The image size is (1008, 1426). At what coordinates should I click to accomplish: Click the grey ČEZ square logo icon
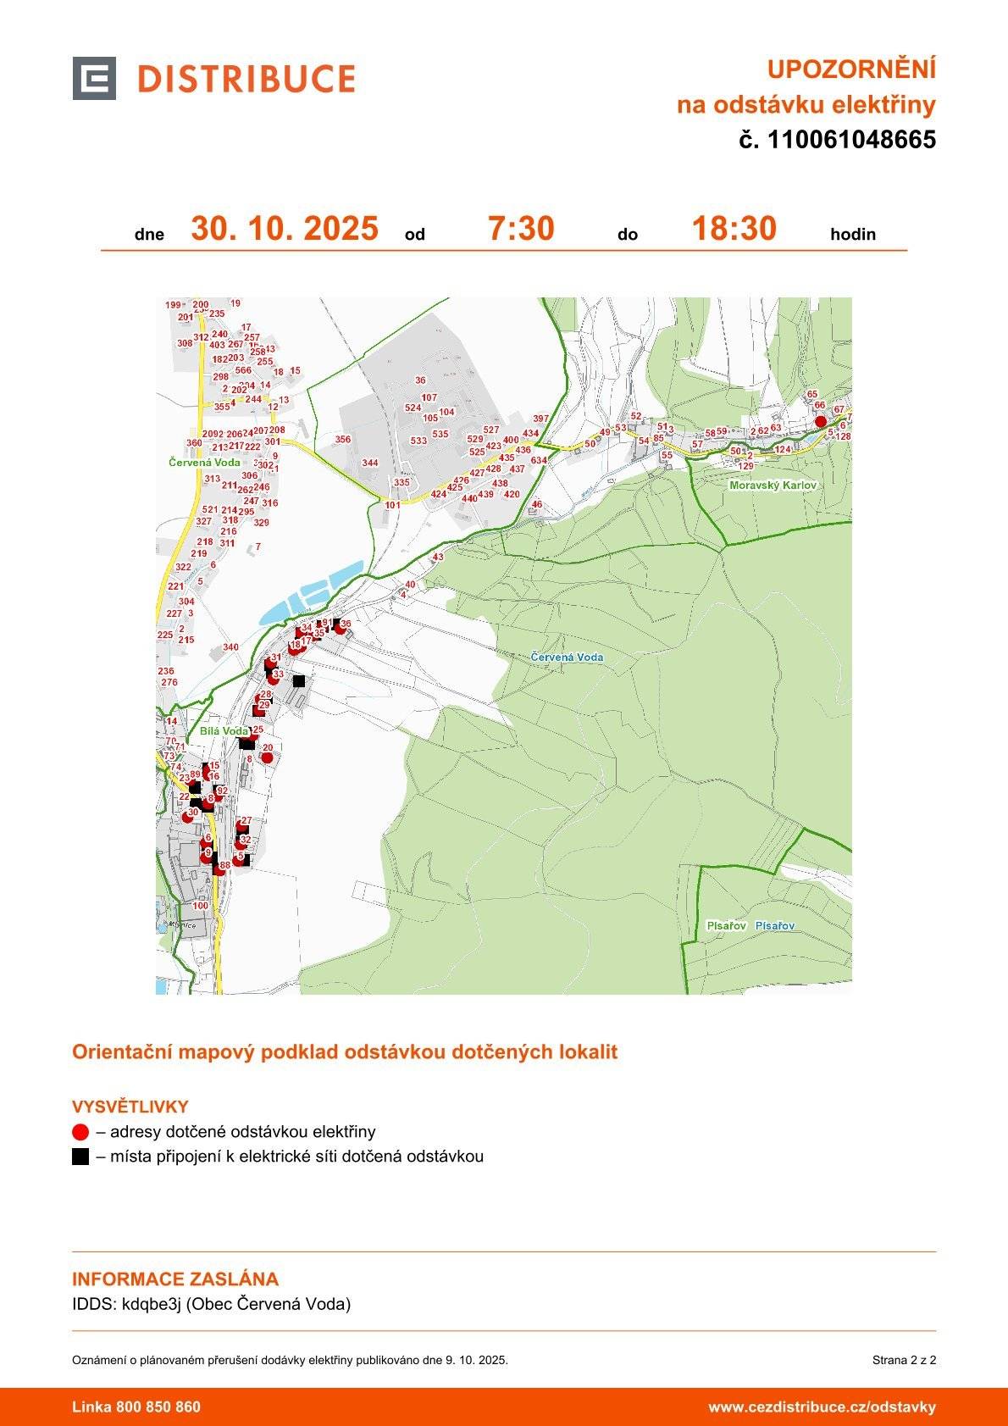pyautogui.click(x=94, y=79)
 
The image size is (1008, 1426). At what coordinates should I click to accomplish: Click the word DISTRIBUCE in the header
pyautogui.click(x=246, y=80)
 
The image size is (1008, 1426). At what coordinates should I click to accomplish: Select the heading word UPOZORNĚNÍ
pyautogui.click(x=850, y=69)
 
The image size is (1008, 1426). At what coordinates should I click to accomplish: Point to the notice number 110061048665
pyautogui.click(x=851, y=140)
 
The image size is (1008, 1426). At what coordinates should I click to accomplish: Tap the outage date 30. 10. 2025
pyautogui.click(x=284, y=229)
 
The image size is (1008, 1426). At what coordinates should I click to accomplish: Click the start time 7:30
pyautogui.click(x=521, y=229)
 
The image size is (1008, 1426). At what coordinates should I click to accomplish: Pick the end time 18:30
pyautogui.click(x=734, y=229)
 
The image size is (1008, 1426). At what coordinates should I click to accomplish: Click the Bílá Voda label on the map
pyautogui.click(x=224, y=730)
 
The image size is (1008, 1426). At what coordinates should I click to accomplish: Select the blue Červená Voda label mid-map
pyautogui.click(x=567, y=657)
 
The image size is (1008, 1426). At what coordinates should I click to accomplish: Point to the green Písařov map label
pyautogui.click(x=726, y=926)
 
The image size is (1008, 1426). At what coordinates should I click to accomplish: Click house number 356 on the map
pyautogui.click(x=342, y=440)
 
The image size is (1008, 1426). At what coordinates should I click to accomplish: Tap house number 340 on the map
pyautogui.click(x=230, y=647)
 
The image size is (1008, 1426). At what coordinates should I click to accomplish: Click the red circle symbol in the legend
pyautogui.click(x=80, y=1132)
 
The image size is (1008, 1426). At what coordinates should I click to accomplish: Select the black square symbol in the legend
pyautogui.click(x=80, y=1157)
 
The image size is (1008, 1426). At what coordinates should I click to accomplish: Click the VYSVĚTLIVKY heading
pyautogui.click(x=130, y=1107)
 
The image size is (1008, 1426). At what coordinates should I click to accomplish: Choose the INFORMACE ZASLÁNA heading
pyautogui.click(x=175, y=1279)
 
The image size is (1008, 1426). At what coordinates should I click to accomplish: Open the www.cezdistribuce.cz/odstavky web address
pyautogui.click(x=822, y=1407)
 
